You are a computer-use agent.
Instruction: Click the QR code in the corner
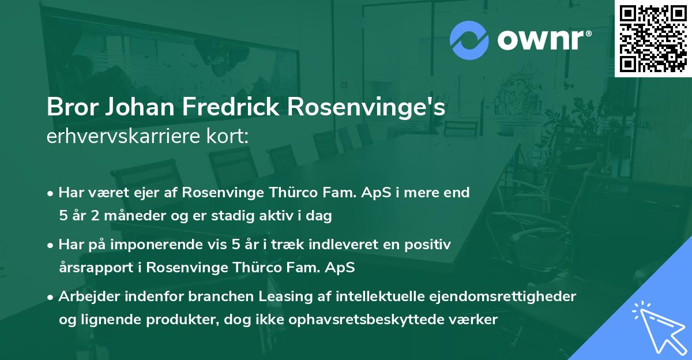[x=653, y=38]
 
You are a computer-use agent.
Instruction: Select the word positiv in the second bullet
[x=430, y=245]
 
